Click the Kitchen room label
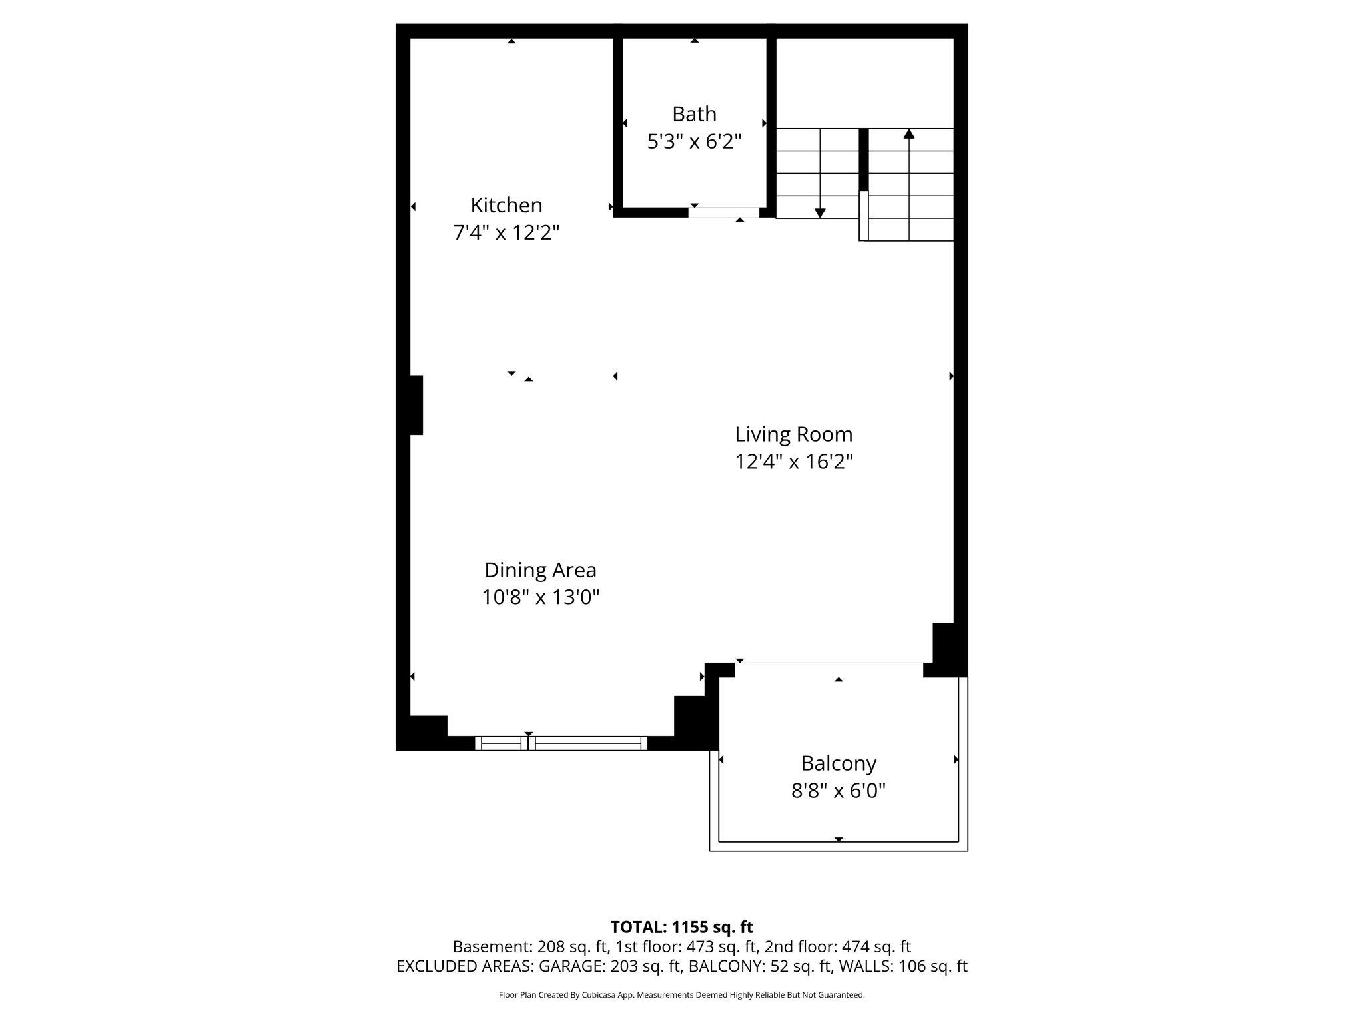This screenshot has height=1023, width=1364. click(x=506, y=205)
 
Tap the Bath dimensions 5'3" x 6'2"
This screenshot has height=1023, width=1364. click(x=694, y=142)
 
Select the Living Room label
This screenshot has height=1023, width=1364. click(x=793, y=434)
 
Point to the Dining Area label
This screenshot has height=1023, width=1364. click(x=540, y=570)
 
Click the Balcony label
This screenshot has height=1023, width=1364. click(x=839, y=763)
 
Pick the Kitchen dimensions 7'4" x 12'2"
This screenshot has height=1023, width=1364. click(x=506, y=233)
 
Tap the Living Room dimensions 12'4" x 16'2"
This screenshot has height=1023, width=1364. click(x=793, y=462)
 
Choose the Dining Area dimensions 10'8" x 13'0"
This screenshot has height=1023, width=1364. click(x=540, y=597)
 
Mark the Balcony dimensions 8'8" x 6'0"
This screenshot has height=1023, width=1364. click(x=839, y=791)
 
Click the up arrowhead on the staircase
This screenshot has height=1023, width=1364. click(x=909, y=134)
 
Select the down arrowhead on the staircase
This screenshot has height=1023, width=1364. click(x=820, y=213)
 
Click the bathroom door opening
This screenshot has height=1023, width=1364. click(x=723, y=212)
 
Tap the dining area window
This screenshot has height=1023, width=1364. click(x=561, y=743)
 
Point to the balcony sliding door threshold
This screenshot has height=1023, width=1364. click(x=829, y=663)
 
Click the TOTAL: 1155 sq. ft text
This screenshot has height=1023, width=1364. click(x=681, y=927)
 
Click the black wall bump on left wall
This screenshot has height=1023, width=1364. click(x=416, y=405)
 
